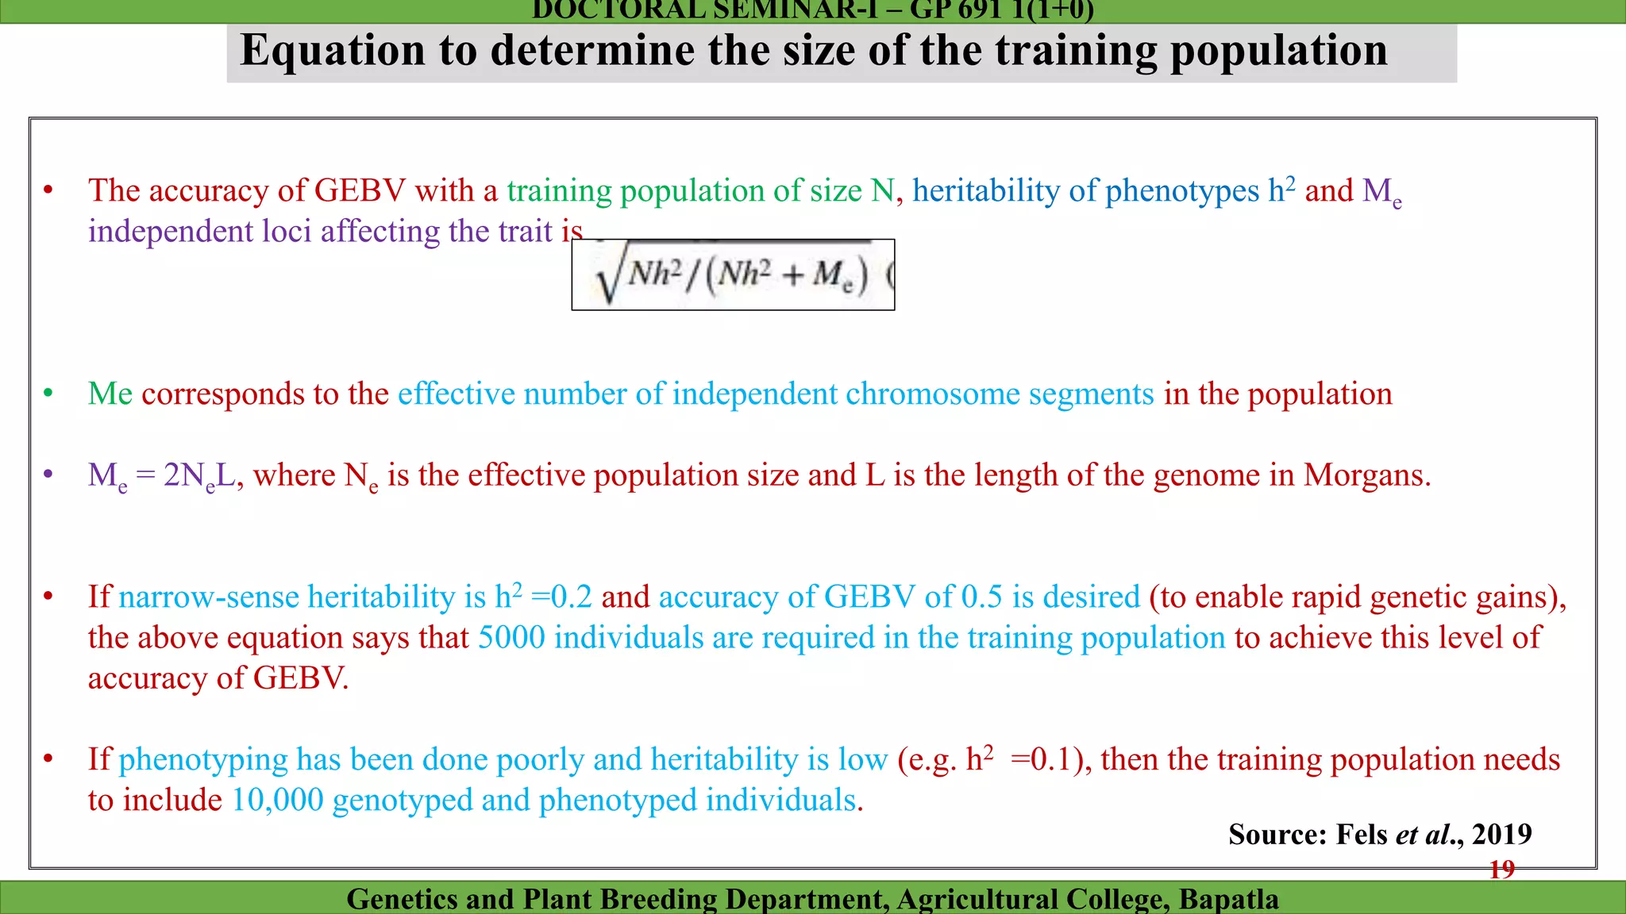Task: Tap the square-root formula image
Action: (732, 275)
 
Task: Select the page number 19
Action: (1501, 870)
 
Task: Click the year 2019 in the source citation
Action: (1501, 834)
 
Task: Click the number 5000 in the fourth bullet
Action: (511, 637)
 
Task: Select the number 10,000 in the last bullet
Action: (278, 800)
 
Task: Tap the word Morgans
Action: (1367, 475)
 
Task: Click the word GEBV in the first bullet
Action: (360, 190)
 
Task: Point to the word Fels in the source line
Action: (1362, 834)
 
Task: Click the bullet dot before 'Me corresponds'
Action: (48, 394)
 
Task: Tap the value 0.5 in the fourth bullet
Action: (981, 597)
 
